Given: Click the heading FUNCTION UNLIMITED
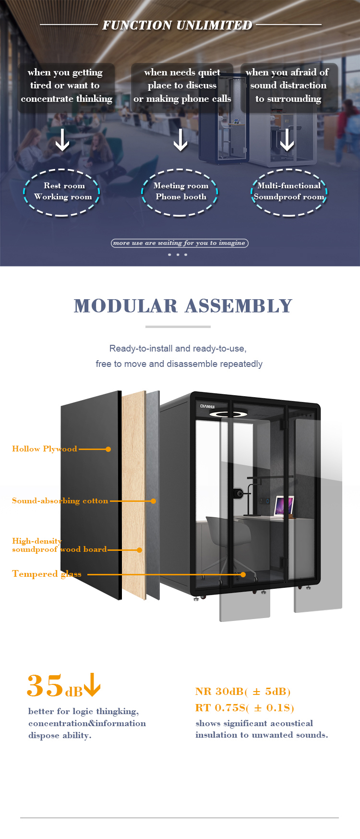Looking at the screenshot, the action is [177, 25].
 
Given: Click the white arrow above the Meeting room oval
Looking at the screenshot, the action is [180, 140].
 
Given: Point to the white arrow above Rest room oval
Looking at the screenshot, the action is [62, 140].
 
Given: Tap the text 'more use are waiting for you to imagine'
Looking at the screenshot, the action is [180, 243].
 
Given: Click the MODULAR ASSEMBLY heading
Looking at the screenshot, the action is [183, 306].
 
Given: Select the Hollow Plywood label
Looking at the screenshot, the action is [44, 449].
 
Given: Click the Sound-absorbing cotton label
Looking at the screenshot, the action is [60, 500].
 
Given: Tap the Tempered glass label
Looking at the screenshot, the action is [47, 574].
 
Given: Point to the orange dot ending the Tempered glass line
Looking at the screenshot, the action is [243, 574].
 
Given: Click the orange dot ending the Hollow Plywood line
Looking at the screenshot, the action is [108, 449].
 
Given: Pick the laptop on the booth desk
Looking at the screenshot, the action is [284, 506].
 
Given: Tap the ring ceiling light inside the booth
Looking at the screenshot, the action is [228, 413].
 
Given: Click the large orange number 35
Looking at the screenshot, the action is [45, 685].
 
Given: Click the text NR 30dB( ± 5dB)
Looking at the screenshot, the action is [243, 692].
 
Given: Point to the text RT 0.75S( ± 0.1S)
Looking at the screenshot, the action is [244, 708].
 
